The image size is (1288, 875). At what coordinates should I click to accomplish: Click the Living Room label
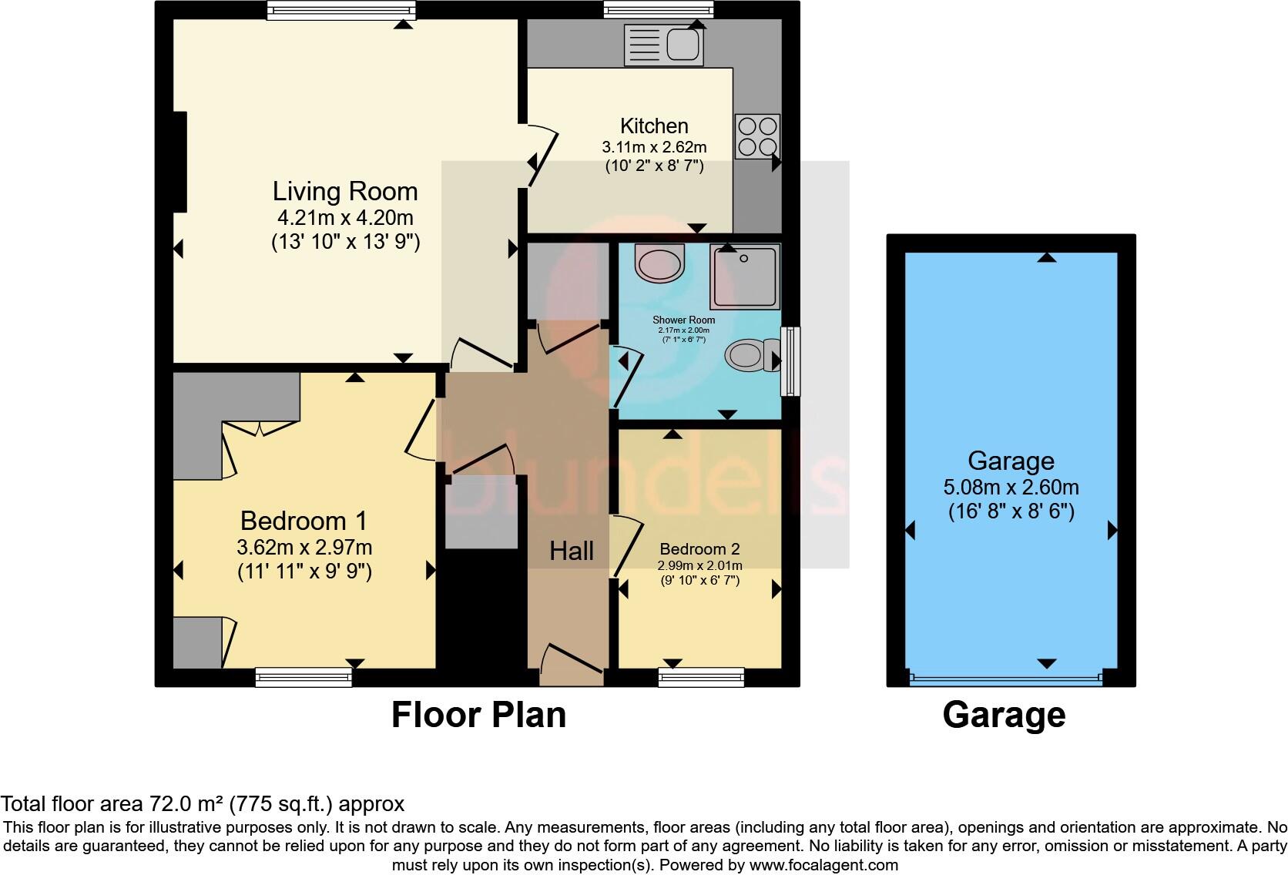click(x=345, y=191)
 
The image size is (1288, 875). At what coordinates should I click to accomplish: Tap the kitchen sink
click(x=663, y=44)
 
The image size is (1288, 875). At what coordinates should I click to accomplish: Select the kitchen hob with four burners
click(x=757, y=136)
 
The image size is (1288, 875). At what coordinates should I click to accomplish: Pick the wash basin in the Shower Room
click(x=659, y=263)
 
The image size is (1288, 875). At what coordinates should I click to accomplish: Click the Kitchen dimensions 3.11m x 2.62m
click(x=654, y=147)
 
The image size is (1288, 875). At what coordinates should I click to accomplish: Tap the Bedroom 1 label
click(x=304, y=521)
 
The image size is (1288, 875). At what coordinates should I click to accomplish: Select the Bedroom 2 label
click(x=699, y=549)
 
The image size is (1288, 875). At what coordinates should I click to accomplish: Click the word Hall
click(x=571, y=551)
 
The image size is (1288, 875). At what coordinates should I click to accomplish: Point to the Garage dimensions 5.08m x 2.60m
click(x=1011, y=488)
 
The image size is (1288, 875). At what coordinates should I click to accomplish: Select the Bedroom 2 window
click(x=701, y=678)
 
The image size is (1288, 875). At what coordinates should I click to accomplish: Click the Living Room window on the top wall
click(x=341, y=10)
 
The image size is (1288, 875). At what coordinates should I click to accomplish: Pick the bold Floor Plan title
click(x=478, y=715)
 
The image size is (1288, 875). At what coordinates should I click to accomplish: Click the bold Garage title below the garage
click(x=1004, y=715)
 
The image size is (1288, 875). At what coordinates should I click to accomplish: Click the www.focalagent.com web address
click(x=823, y=865)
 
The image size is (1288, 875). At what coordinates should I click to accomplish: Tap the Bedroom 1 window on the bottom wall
click(x=304, y=678)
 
